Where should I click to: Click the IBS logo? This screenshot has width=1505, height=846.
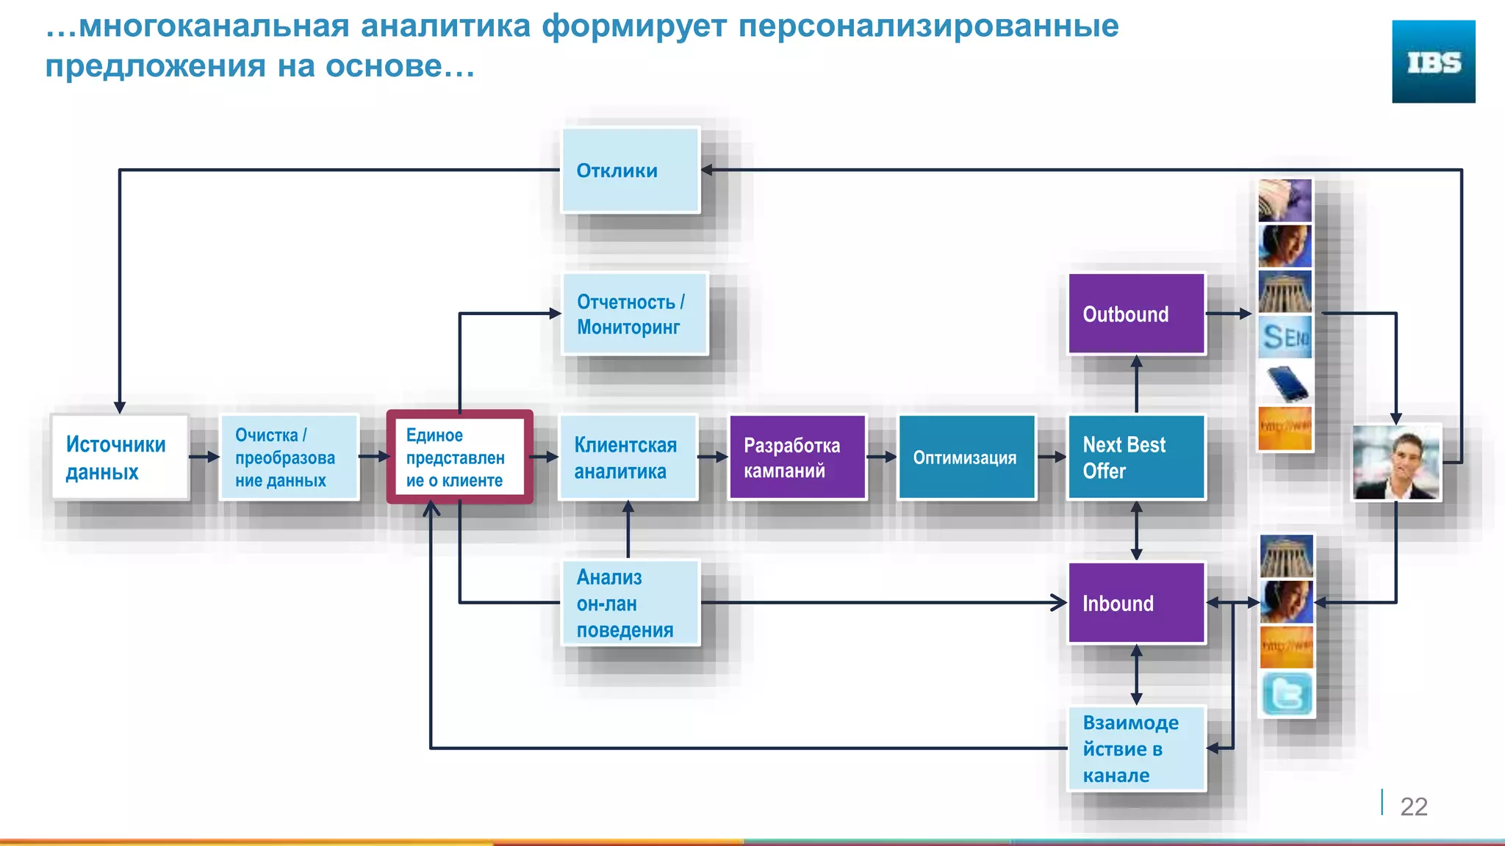click(x=1433, y=62)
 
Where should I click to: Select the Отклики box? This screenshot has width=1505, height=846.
click(x=631, y=170)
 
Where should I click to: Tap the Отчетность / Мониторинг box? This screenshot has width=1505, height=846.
click(x=635, y=314)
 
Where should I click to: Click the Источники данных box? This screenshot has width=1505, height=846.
click(x=120, y=458)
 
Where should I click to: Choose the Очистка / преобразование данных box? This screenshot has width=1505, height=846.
click(x=289, y=458)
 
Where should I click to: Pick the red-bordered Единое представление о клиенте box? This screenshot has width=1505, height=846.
click(x=459, y=458)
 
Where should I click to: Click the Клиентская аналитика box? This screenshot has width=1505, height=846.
click(x=628, y=458)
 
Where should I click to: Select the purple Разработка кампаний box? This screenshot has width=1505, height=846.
click(x=797, y=458)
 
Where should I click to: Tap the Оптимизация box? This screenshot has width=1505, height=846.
click(x=966, y=458)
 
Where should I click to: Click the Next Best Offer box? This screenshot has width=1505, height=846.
click(x=1136, y=458)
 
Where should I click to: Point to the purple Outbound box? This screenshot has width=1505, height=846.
click(x=1136, y=314)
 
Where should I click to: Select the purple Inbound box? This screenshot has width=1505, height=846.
click(x=1136, y=603)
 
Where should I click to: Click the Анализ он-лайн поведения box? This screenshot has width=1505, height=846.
click(x=631, y=603)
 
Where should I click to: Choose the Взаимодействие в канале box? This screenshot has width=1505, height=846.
click(x=1136, y=748)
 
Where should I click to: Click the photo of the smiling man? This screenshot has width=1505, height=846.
click(x=1396, y=463)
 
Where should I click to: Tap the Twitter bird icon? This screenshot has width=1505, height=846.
click(x=1287, y=694)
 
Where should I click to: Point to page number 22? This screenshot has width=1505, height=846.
click(x=1413, y=806)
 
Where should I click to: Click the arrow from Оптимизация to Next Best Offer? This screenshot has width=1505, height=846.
click(x=1052, y=457)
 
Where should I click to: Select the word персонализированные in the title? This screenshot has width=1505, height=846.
click(x=928, y=26)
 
